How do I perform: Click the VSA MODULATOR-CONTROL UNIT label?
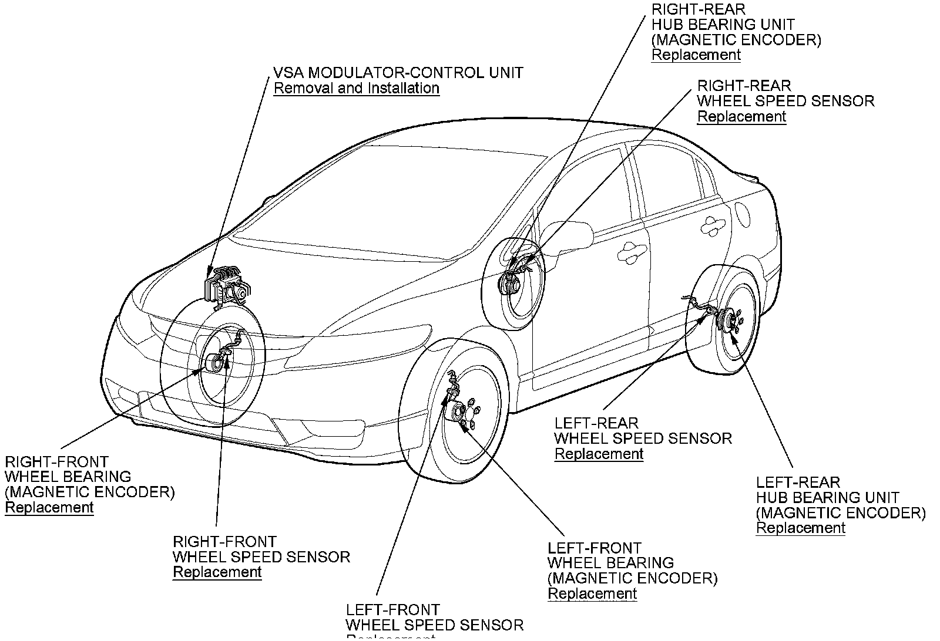[x=398, y=73]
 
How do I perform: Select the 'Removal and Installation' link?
[x=357, y=89]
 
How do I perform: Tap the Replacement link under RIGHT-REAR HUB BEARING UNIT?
[x=696, y=55]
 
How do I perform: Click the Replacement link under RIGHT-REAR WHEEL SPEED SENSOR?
[x=741, y=117]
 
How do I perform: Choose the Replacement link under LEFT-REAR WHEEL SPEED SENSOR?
[x=599, y=454]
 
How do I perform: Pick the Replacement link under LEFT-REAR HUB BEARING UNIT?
[x=800, y=528]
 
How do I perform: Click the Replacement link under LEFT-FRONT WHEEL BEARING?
[x=592, y=594]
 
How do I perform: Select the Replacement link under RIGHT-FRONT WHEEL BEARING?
[x=49, y=508]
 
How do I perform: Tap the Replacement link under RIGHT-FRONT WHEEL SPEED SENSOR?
[x=217, y=572]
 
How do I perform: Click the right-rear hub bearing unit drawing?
[x=508, y=286]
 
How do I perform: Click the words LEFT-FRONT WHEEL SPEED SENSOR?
[x=434, y=618]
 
